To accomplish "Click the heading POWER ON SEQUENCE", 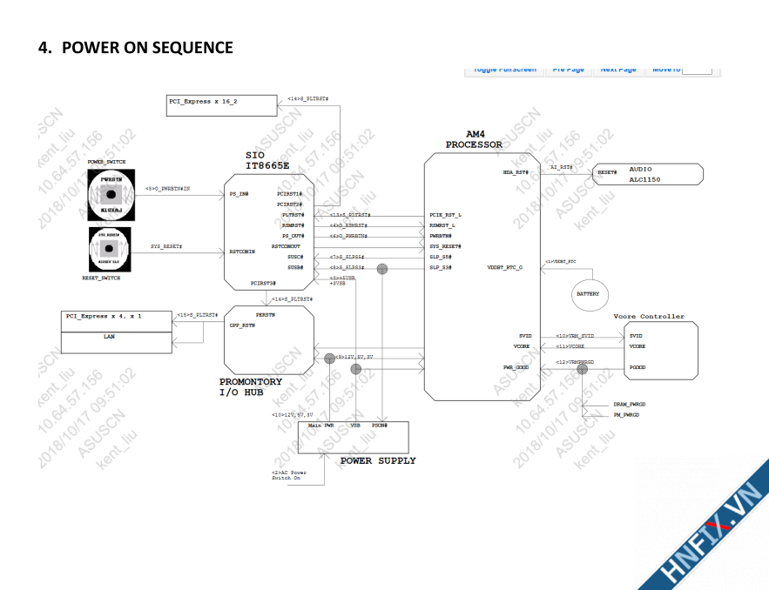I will (135, 47).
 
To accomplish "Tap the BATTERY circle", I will (588, 294).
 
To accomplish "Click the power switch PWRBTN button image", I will (111, 195).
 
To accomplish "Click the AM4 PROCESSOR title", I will (474, 139).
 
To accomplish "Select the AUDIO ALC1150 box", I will (647, 173).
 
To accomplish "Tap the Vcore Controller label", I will (649, 317).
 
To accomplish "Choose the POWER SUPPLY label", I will (377, 460).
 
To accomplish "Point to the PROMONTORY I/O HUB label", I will (251, 387).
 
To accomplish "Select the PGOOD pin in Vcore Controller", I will (637, 368).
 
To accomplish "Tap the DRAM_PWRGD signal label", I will (629, 405).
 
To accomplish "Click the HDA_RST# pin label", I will (516, 172).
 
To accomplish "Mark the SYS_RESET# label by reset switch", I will (166, 247).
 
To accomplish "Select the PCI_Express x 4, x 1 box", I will (116, 316).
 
